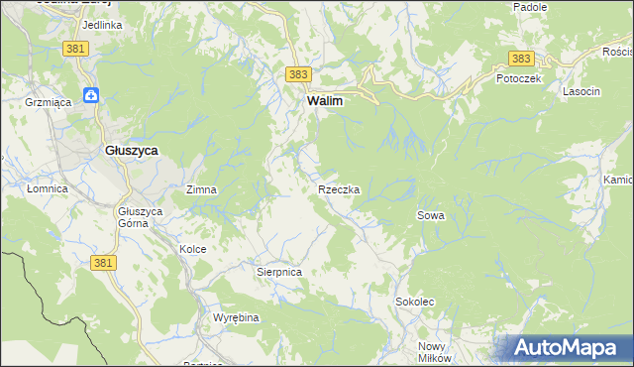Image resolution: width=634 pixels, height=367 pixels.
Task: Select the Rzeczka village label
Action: coord(338,188)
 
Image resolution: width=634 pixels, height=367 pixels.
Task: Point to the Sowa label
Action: coord(431,214)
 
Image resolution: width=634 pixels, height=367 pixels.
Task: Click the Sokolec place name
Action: coord(415,301)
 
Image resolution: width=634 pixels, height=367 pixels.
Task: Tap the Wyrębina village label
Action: coord(236,317)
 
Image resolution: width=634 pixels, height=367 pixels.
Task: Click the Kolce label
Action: coord(192,249)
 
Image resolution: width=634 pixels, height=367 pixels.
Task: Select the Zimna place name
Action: coord(201,188)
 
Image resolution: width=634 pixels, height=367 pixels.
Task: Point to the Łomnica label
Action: coord(47,188)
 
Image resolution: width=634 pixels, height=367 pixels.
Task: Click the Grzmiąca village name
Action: coord(44,101)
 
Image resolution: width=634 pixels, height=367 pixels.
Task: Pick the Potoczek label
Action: coord(518,78)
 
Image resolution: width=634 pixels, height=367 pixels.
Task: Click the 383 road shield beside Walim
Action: coord(299,74)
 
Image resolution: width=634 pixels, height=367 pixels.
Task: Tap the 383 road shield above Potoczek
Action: coord(521,59)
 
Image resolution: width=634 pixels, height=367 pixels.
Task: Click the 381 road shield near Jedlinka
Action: coord(73,48)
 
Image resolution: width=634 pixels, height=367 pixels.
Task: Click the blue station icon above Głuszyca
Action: coord(91,95)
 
